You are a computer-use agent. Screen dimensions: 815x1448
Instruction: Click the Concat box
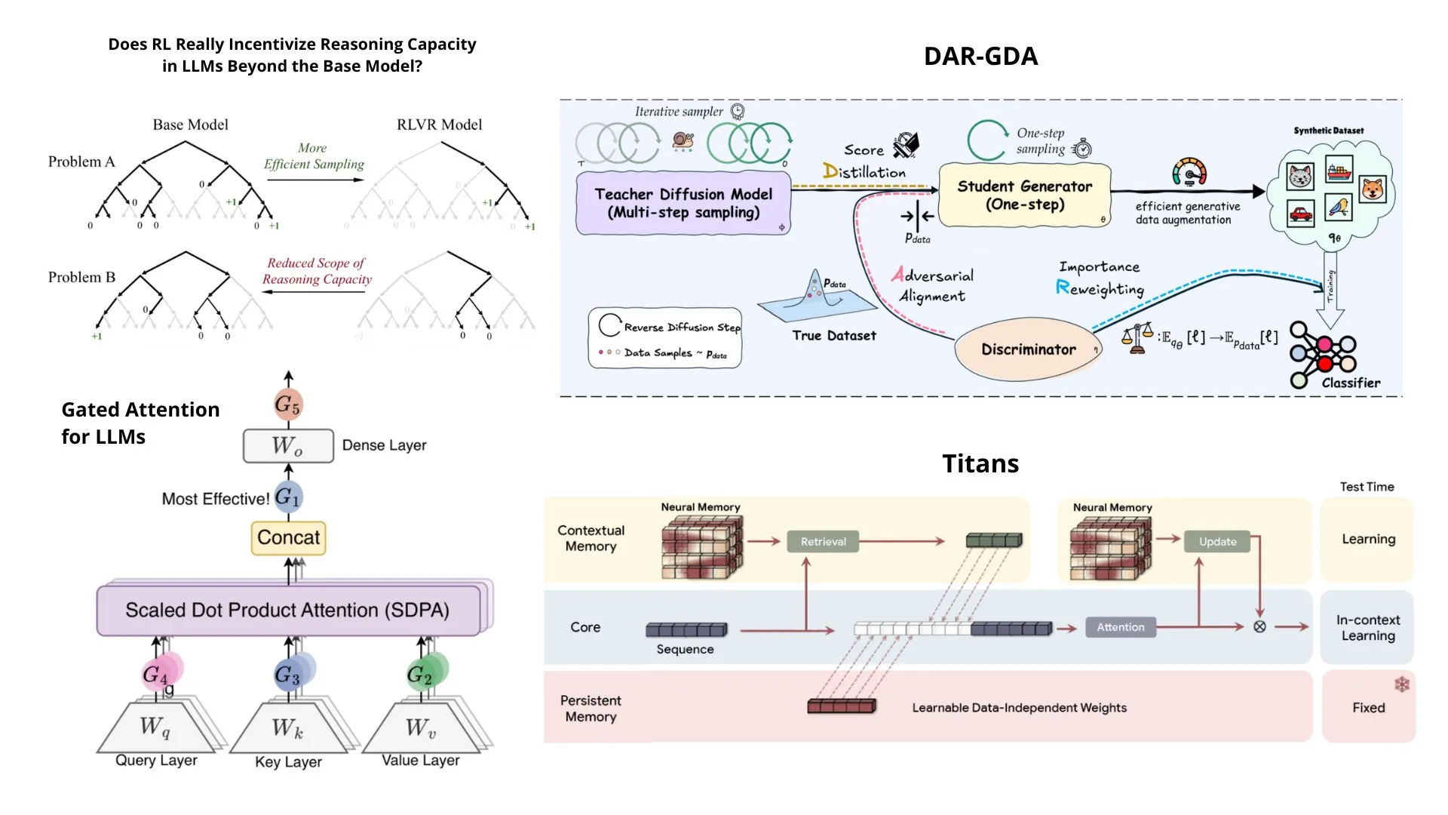(x=288, y=538)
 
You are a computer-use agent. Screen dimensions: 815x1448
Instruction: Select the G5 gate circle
(x=287, y=404)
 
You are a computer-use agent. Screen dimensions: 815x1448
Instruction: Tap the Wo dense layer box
(x=288, y=446)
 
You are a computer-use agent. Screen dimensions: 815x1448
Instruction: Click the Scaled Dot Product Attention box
(x=288, y=610)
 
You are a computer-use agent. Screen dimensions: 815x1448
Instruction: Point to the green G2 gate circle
(x=420, y=674)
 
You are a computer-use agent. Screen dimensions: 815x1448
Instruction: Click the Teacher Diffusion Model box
(x=683, y=203)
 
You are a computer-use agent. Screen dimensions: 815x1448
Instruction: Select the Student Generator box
(x=1024, y=195)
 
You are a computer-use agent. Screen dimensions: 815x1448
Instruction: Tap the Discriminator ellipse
(x=1028, y=349)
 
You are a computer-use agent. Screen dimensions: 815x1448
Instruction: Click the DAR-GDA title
(x=980, y=57)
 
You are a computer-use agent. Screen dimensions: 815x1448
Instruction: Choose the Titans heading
(x=980, y=463)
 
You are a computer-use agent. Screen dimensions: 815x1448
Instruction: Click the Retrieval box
(x=823, y=542)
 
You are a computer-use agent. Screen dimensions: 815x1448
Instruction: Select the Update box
(x=1217, y=542)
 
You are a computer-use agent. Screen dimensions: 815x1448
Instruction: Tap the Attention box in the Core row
(x=1120, y=627)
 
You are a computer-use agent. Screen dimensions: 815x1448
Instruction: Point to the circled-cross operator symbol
(x=1259, y=627)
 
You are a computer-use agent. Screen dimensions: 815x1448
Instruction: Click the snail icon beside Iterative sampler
(x=683, y=140)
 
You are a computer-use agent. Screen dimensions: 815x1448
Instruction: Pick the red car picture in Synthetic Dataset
(x=1301, y=214)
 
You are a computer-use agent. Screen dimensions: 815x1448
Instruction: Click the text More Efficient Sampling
(x=313, y=156)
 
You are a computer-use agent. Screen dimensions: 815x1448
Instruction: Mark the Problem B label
(x=81, y=278)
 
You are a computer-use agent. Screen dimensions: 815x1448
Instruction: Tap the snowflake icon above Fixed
(x=1401, y=684)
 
